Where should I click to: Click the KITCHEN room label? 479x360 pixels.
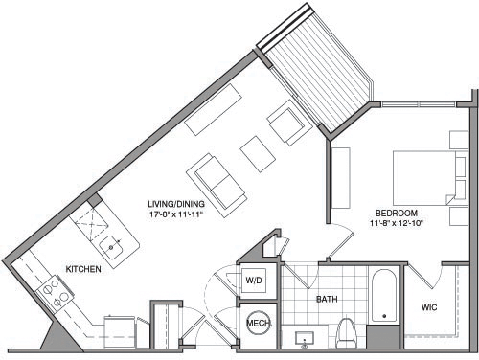click(x=83, y=270)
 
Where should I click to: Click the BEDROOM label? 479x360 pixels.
click(x=395, y=213)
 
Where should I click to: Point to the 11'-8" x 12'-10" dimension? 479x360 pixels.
click(x=395, y=223)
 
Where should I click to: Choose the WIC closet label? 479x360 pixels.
click(x=430, y=308)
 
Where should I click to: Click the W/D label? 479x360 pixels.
click(x=255, y=281)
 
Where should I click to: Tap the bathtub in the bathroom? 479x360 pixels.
click(x=384, y=297)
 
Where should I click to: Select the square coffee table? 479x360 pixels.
click(x=256, y=151)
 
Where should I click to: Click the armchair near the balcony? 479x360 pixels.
click(x=286, y=124)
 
